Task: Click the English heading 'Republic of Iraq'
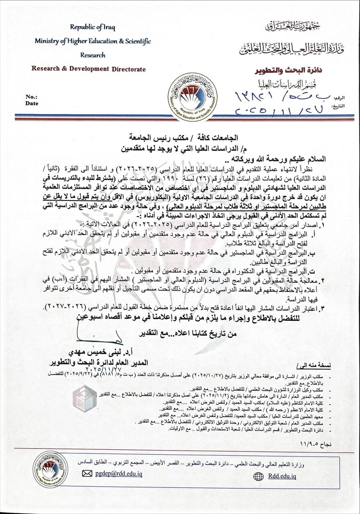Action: (x=92, y=27)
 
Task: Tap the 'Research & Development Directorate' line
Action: (x=89, y=69)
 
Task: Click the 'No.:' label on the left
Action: (x=31, y=97)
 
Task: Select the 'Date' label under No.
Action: (x=32, y=104)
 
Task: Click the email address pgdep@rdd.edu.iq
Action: (x=118, y=473)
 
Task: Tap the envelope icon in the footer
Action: (x=87, y=473)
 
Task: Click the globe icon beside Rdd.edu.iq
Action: (x=259, y=476)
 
